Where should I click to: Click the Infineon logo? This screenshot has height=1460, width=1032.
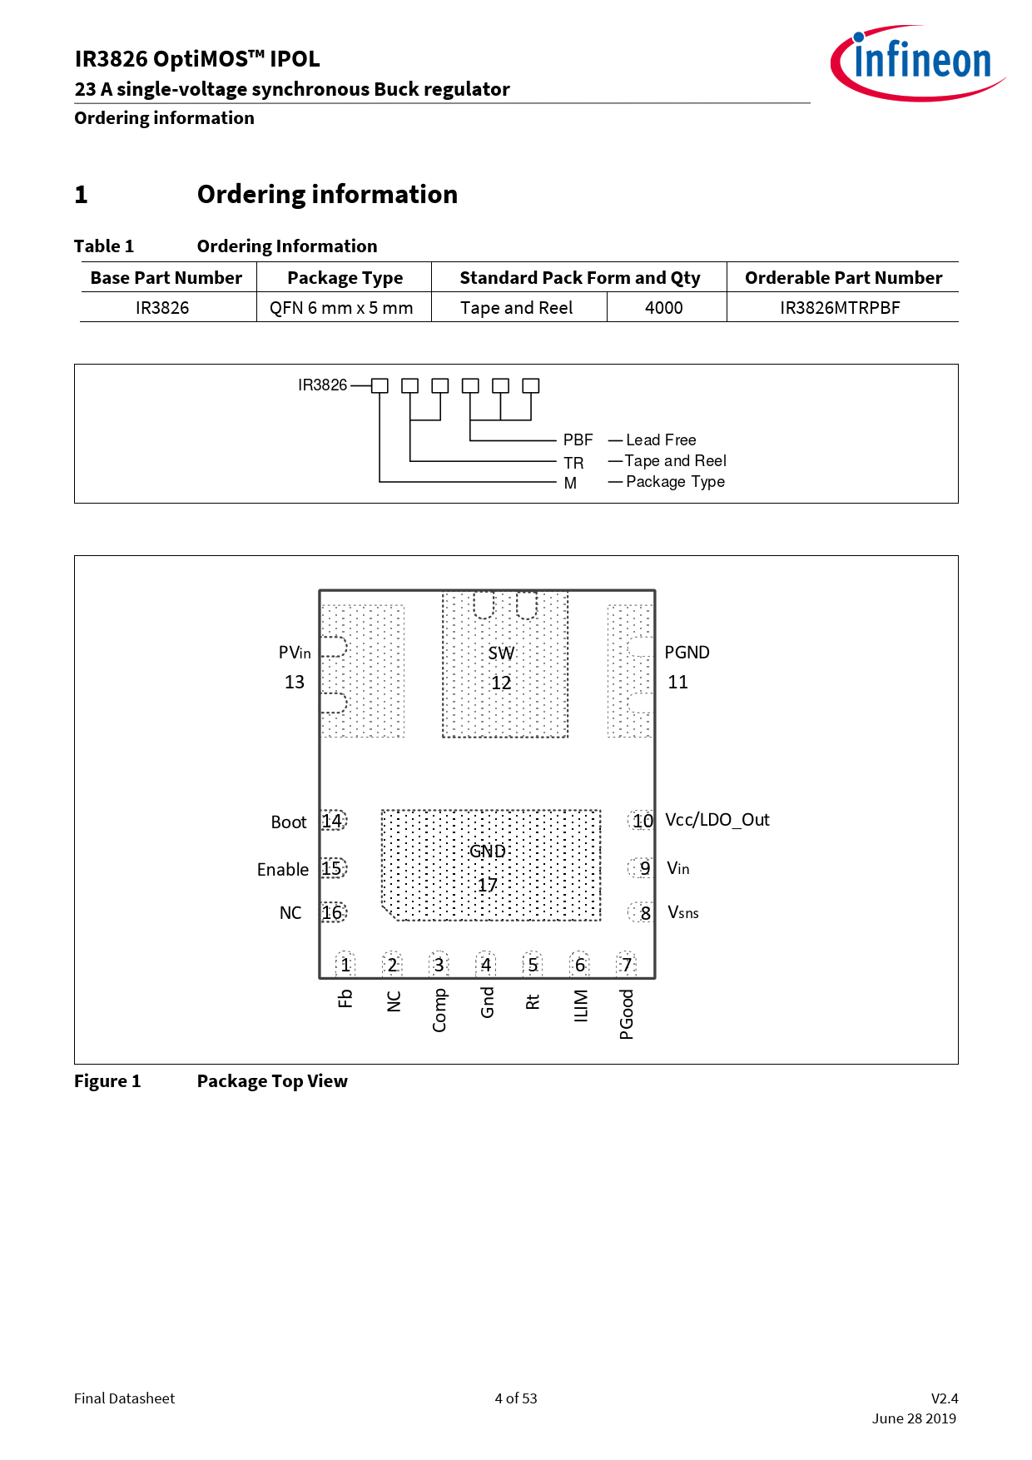918,62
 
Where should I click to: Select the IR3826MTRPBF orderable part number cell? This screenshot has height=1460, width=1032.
840,308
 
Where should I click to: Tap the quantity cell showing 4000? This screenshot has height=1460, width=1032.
664,308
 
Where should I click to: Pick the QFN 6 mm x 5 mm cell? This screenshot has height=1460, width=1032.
341,308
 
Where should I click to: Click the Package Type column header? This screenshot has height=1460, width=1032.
345,278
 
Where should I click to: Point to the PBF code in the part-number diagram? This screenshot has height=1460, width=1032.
578,439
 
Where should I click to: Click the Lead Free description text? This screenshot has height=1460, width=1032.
661,439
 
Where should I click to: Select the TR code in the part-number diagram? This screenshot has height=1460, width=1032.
573,463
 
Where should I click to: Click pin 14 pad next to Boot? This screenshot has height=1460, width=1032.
334,821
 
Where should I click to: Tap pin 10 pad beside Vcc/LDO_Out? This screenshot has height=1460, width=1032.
641,821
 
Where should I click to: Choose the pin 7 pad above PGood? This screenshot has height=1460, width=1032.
627,965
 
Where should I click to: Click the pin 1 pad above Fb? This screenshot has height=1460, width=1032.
345,965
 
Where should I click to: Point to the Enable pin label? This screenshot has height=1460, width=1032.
283,869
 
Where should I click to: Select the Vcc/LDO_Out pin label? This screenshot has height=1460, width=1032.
717,820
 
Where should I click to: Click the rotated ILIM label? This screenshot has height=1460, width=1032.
581,1006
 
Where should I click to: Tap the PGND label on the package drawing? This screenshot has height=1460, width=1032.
687,653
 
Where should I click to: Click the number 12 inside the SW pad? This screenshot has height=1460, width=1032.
501,683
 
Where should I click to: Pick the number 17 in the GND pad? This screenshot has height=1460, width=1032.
488,885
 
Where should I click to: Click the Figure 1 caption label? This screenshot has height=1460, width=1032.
107,1081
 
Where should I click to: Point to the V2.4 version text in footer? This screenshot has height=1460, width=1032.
945,1398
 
